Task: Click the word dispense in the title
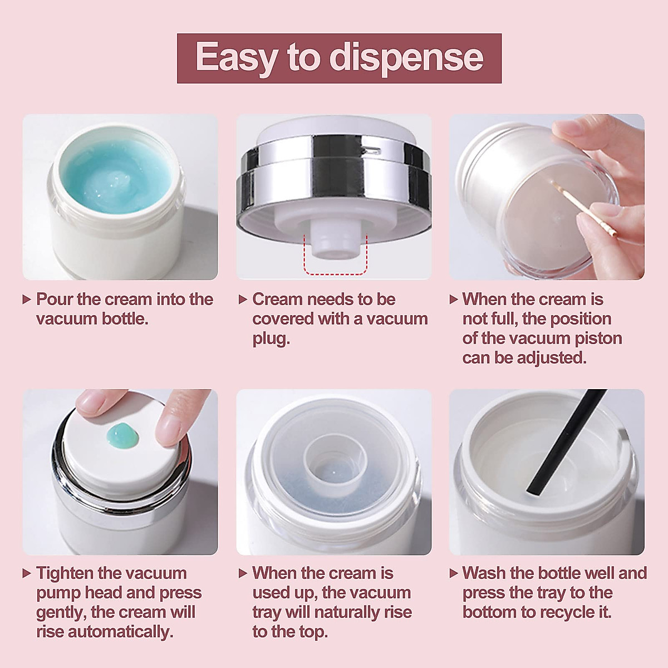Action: pos(406,58)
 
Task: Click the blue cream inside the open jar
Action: pos(117,175)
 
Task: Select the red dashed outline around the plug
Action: pos(335,273)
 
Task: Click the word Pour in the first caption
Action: pos(55,299)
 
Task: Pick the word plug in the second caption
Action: pos(271,338)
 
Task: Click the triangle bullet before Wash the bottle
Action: pos(454,573)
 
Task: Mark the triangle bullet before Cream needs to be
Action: pos(243,299)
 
